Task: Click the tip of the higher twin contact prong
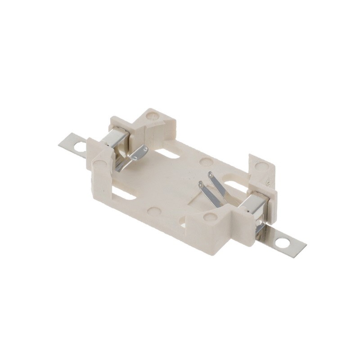[210, 175]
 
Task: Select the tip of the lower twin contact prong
[201, 184]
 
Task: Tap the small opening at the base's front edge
[183, 221]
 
